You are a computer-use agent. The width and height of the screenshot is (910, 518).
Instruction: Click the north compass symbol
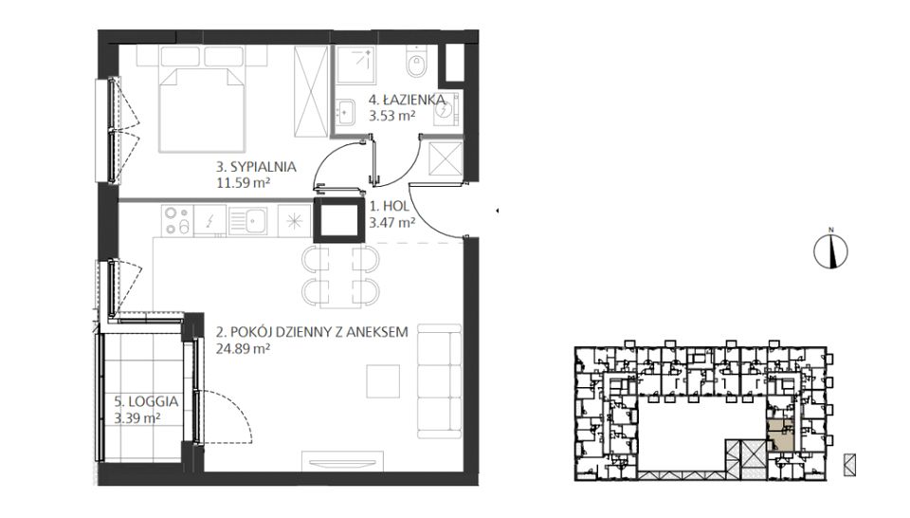click(830, 250)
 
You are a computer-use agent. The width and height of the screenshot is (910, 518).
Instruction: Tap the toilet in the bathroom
click(416, 61)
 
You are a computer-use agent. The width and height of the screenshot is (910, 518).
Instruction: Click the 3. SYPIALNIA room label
click(256, 167)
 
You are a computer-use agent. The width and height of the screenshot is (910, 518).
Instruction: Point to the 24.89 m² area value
click(243, 349)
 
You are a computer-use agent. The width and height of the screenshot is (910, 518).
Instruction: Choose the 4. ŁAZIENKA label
click(407, 100)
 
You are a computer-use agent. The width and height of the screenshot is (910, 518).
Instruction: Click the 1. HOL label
click(390, 206)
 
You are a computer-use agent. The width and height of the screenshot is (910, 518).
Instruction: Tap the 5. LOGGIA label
click(146, 401)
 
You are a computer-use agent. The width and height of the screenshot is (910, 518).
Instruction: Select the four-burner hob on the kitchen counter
click(177, 221)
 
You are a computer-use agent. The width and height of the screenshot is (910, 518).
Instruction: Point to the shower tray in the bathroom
click(356, 65)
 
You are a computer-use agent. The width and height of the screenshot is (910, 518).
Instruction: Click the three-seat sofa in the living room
click(439, 381)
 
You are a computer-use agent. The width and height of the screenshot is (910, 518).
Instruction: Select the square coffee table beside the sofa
click(383, 381)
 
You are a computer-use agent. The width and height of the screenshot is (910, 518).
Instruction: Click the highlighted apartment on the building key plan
click(780, 435)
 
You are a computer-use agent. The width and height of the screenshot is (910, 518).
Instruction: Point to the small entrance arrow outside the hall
click(497, 211)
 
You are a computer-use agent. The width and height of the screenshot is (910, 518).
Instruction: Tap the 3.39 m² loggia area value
click(137, 417)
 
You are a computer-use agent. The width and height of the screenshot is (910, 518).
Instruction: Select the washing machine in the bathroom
click(446, 108)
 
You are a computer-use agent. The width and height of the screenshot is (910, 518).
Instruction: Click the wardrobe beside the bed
click(311, 92)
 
